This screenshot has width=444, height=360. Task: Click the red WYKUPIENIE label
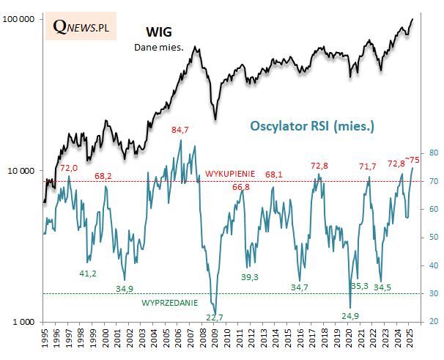(x=230, y=174)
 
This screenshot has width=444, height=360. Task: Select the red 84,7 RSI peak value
(x=180, y=130)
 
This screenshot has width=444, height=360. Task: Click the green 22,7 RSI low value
(x=215, y=317)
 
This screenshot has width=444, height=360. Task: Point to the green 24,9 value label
(x=351, y=315)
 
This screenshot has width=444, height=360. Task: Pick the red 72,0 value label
(x=69, y=168)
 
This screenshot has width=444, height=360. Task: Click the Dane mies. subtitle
(x=158, y=48)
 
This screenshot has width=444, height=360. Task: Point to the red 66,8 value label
(x=241, y=188)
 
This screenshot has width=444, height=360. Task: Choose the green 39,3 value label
(x=251, y=276)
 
